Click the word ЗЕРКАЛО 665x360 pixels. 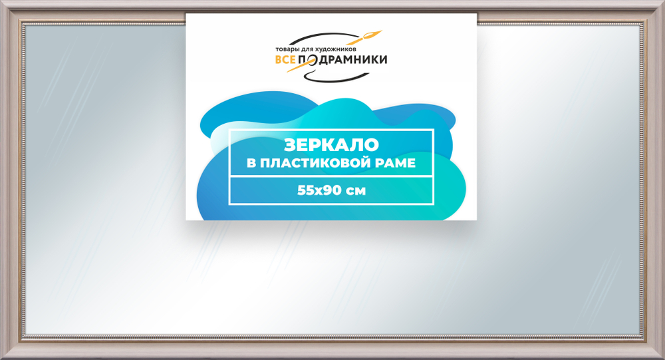point(331,145)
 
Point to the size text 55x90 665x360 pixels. point(319,190)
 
